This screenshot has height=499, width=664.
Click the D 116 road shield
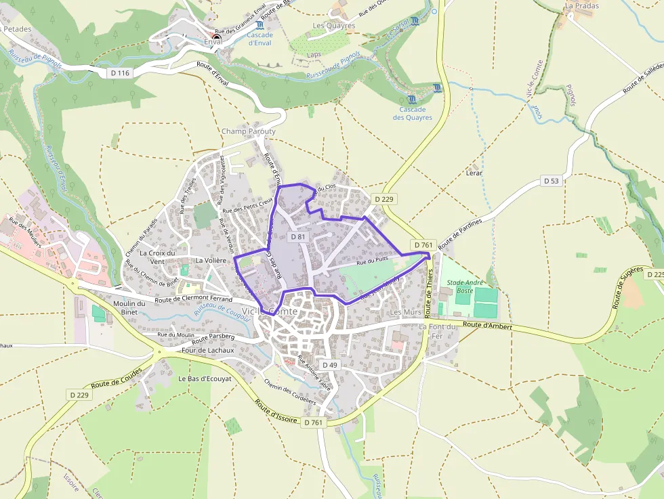tap(119, 72)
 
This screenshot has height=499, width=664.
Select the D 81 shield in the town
tap(298, 237)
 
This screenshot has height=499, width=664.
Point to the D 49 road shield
tap(329, 365)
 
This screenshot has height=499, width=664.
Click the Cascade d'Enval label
tap(260, 39)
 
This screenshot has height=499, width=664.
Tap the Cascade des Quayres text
tap(412, 113)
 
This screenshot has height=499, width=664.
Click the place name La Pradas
tap(582, 6)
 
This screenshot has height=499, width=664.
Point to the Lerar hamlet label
tap(474, 173)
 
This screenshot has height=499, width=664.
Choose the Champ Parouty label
tap(249, 131)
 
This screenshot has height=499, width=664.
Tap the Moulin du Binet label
tap(129, 307)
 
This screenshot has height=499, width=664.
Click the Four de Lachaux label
tap(208, 350)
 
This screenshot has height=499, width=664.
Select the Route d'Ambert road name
tap(489, 326)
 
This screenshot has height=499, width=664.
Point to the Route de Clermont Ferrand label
tap(194, 299)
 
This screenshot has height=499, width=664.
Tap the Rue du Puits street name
tap(372, 261)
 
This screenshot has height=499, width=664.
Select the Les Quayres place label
tap(334, 26)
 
